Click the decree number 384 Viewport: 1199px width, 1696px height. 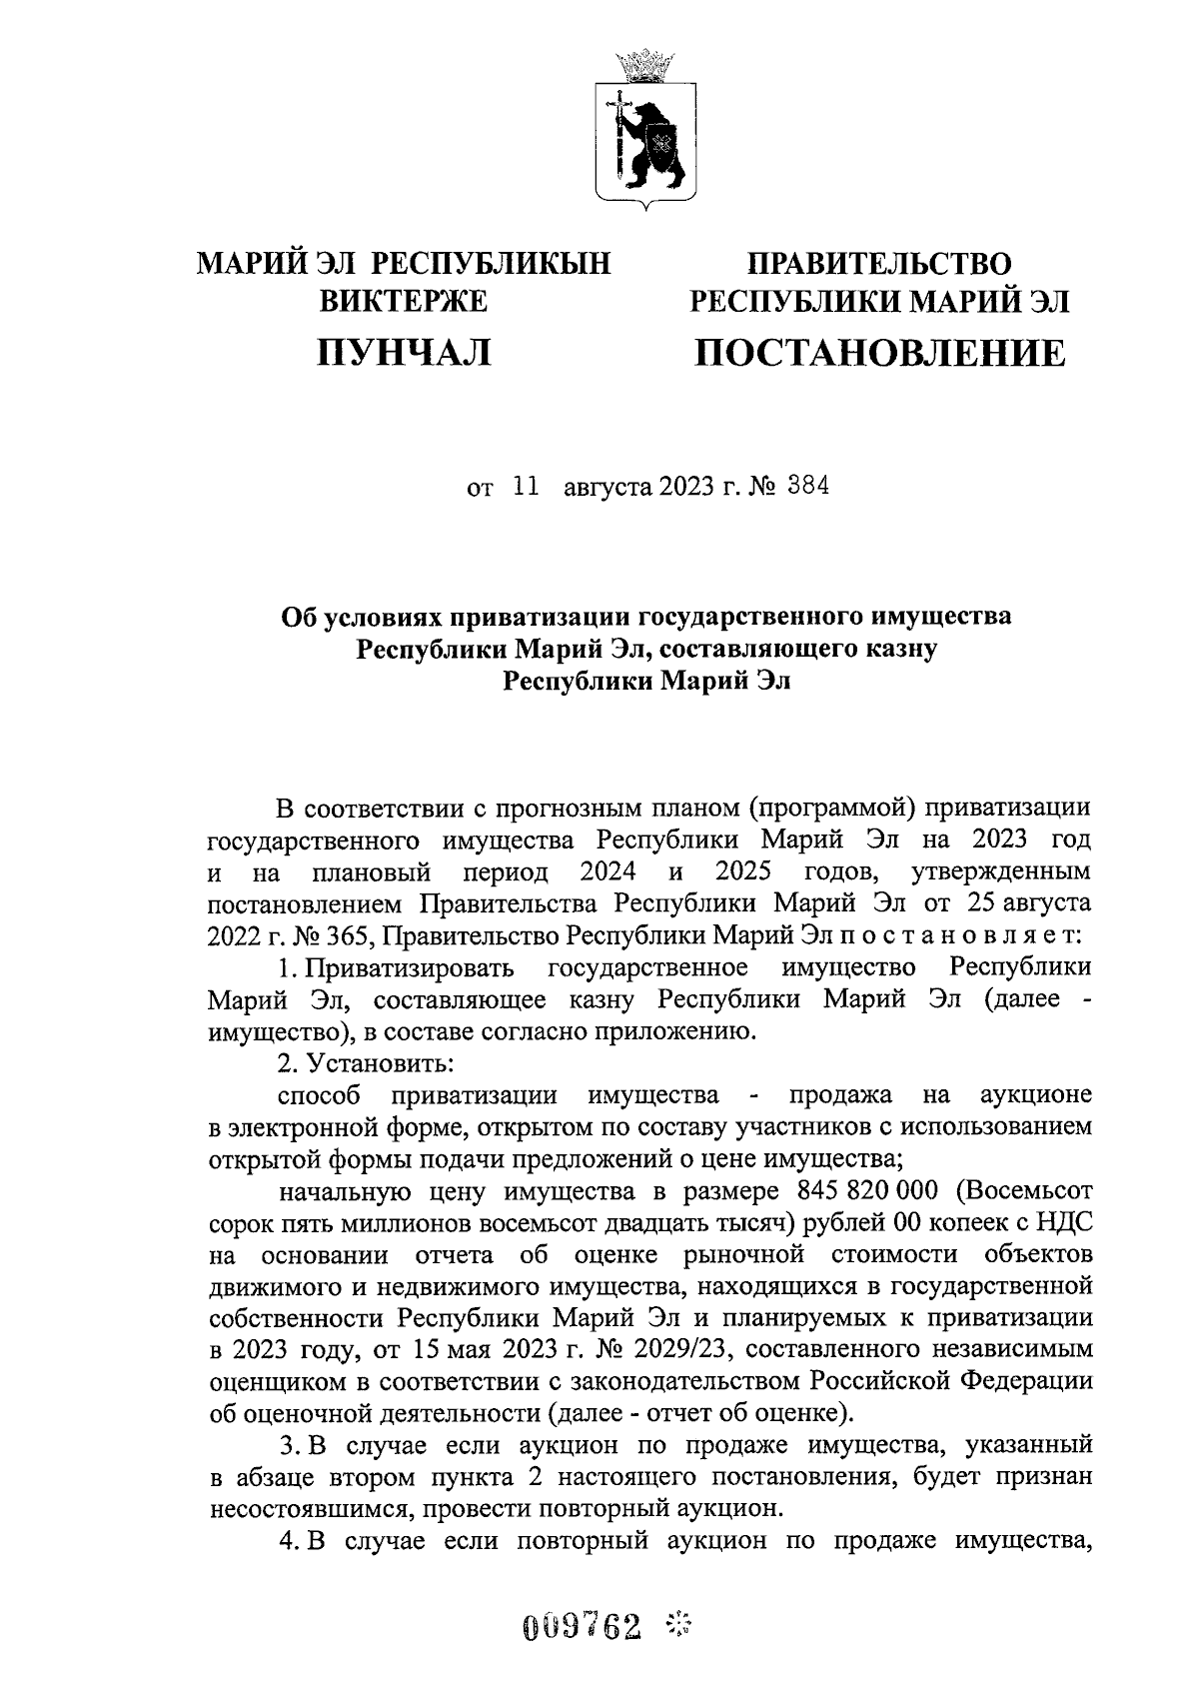click(807, 488)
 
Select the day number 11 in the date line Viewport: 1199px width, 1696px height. click(525, 488)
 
